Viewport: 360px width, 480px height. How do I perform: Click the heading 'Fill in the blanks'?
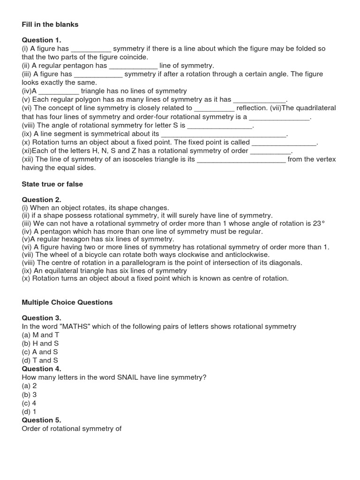click(50, 24)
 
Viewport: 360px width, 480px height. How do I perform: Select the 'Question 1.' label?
click(41, 40)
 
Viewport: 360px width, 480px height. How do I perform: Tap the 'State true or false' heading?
click(52, 184)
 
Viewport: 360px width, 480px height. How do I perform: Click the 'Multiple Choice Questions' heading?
click(67, 302)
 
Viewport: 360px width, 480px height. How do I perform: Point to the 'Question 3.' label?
click(41, 318)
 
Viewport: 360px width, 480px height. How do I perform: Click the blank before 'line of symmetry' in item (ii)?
click(133, 66)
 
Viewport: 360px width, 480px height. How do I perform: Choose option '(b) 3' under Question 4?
click(29, 394)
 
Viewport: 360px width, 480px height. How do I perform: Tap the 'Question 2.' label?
click(41, 200)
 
